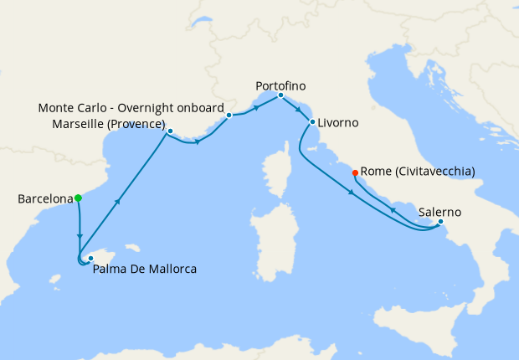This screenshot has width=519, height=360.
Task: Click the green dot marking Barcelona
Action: point(78,198)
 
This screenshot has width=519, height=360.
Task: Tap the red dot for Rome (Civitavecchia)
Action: point(355,172)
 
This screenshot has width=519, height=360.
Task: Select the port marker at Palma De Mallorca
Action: point(90,259)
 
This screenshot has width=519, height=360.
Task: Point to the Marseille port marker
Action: point(170,131)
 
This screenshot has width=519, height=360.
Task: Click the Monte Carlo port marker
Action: point(229,116)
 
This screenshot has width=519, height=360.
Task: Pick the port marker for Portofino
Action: point(280,95)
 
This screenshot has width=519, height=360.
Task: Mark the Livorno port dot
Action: point(312,122)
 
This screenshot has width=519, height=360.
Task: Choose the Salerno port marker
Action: point(440,222)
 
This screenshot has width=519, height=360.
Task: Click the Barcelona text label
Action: point(45,199)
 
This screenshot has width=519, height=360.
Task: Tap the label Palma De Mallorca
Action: point(145,269)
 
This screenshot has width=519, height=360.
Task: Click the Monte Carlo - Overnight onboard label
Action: point(131,108)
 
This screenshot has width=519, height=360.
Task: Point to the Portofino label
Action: point(280,85)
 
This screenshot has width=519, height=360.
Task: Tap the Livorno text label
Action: point(338,122)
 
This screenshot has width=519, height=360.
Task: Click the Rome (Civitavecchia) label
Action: point(418,172)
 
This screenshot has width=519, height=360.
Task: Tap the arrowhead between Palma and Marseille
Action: point(121,201)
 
